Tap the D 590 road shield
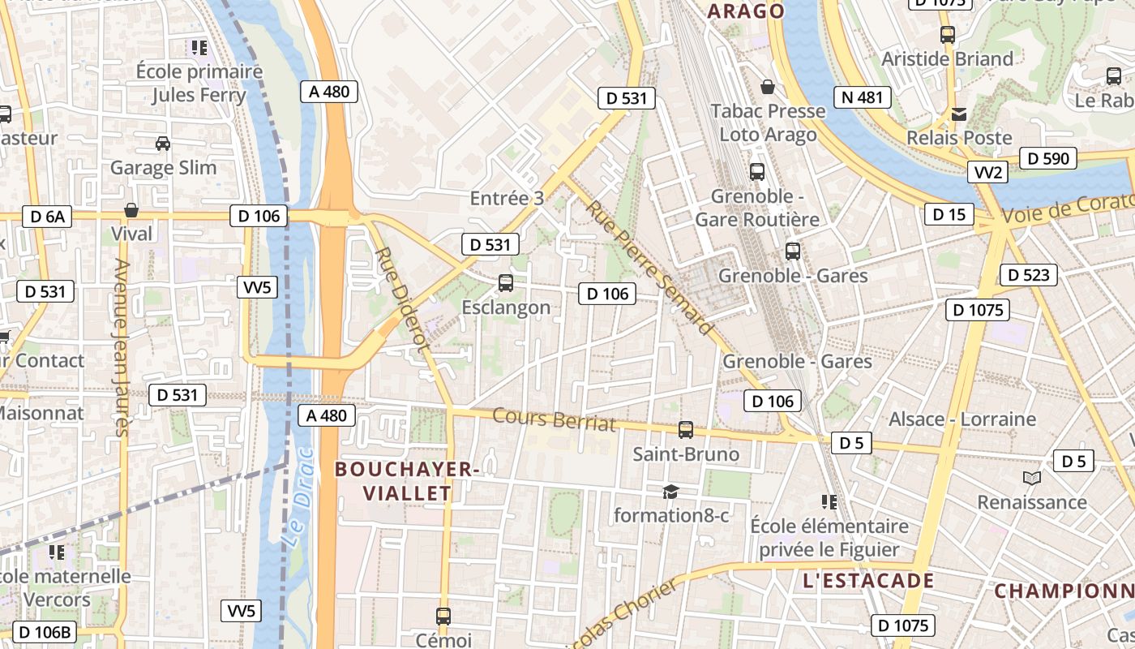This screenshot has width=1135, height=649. coord(1048,158)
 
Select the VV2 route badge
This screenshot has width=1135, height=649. coord(989,172)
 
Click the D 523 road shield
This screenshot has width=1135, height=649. coord(1030,275)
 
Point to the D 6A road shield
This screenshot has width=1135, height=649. coord(47,217)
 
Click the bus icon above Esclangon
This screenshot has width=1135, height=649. coord(506,283)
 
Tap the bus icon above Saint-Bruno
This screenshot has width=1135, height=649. coord(686,430)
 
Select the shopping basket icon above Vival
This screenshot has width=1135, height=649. coord(131,211)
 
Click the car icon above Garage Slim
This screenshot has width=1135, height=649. coord(163,144)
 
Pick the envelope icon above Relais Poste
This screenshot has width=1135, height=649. coord(959,114)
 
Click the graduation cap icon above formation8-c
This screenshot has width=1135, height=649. coord(670,492)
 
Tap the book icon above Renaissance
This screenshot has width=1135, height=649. coord(1031,479)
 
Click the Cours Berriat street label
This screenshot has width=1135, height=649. coord(555,419)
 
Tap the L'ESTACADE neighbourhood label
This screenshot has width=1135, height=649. coord(868,581)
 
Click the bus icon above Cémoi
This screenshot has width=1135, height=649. coord(443,617)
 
